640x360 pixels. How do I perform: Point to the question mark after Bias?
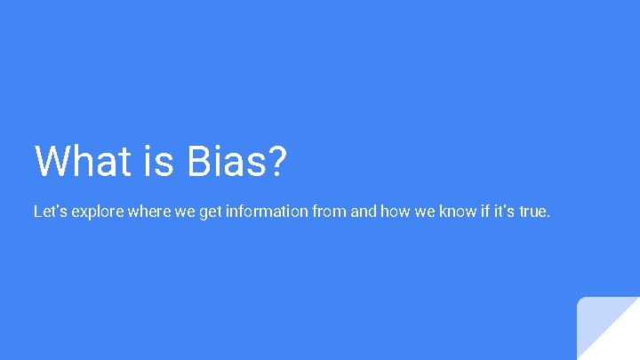pyautogui.click(x=276, y=161)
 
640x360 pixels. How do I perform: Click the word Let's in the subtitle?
pyautogui.click(x=49, y=212)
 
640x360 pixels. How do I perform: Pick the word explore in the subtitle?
pyautogui.click(x=96, y=213)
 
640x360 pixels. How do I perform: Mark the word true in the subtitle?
pyautogui.click(x=535, y=212)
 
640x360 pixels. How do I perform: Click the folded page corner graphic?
pyautogui.click(x=608, y=328)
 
